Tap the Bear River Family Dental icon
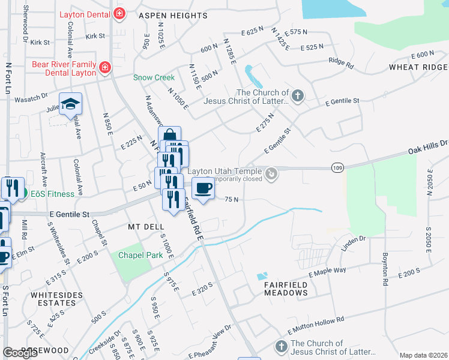106,67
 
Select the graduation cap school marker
70,104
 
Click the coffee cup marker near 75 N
203,189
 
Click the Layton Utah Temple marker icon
272,174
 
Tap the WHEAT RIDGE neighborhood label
418,67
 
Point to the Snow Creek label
154,77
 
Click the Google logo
20,353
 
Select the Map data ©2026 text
423,355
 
